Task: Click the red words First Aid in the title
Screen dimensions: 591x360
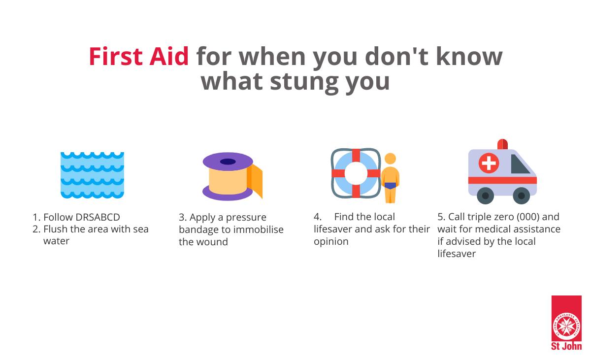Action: coord(138,57)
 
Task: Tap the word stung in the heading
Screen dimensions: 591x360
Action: coord(303,82)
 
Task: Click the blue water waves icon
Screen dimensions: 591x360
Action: coord(92,175)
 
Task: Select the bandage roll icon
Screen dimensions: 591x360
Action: coord(232,176)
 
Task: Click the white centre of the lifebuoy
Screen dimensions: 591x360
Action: coord(356,173)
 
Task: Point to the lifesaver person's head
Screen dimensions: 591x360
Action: coord(390,159)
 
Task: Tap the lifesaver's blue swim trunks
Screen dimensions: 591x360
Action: coord(390,186)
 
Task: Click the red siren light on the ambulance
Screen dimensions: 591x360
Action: coord(502,144)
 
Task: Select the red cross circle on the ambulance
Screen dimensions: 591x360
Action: coord(489,163)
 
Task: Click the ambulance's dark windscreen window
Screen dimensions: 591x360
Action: coord(519,165)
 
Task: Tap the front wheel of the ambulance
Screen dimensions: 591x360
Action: coord(521,196)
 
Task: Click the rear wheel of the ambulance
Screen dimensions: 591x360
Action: coord(485,196)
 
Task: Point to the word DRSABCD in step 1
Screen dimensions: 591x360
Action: coord(98,217)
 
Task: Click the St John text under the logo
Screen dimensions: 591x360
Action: coord(566,346)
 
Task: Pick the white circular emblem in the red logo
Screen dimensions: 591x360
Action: coord(566,326)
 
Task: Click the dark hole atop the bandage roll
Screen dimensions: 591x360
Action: coord(228,162)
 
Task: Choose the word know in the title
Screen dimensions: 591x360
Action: coord(469,57)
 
